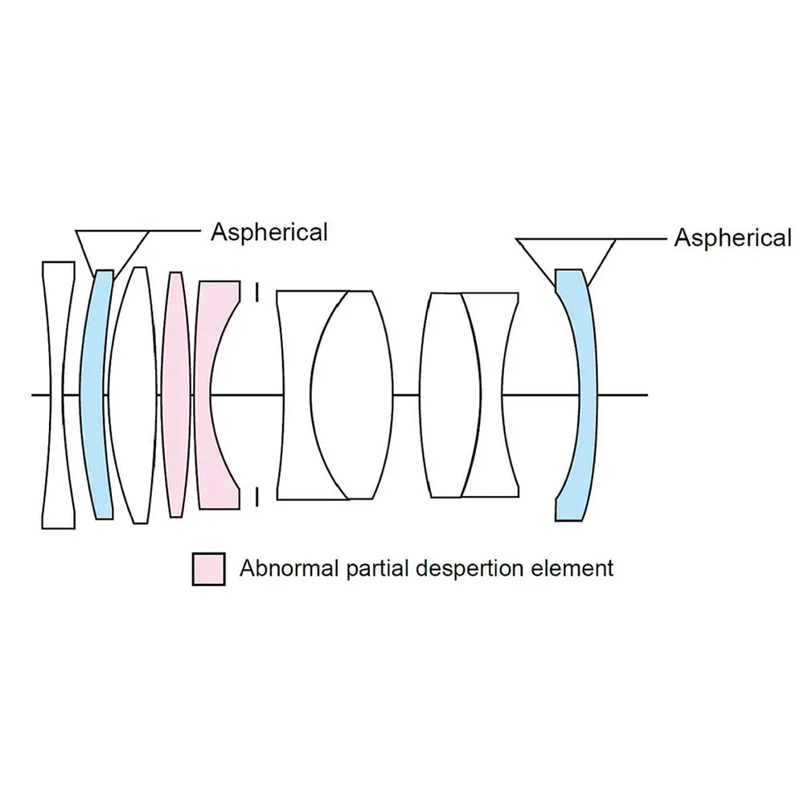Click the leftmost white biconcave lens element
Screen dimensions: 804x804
(x=57, y=394)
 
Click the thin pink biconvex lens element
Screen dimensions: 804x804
(x=174, y=394)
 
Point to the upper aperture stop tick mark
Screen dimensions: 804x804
(x=256, y=291)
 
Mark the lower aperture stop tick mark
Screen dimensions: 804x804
(x=256, y=498)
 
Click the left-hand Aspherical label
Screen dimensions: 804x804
(x=269, y=232)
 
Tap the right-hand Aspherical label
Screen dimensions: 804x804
(x=732, y=238)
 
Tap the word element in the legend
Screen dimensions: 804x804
(x=574, y=568)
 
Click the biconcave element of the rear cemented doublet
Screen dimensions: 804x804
(x=495, y=394)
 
